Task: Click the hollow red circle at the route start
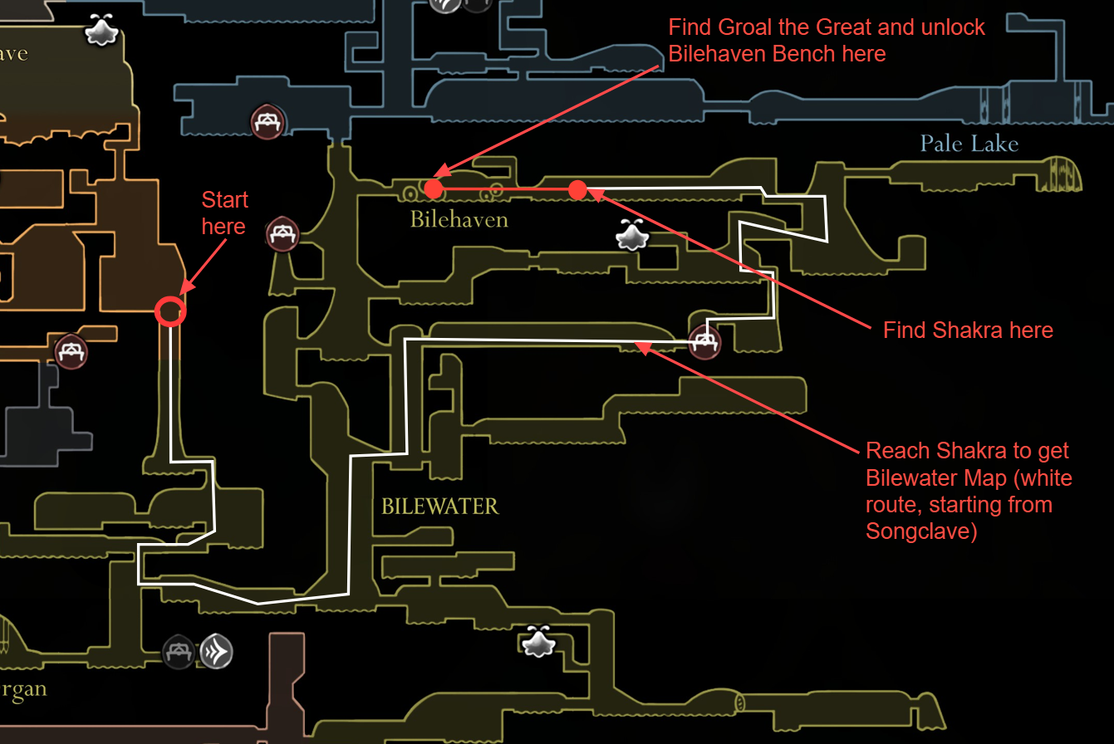click(x=170, y=311)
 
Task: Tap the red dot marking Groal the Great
click(x=433, y=189)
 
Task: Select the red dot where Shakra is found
click(x=577, y=189)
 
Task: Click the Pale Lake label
click(x=969, y=144)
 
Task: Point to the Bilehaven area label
click(x=459, y=220)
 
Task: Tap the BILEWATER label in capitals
click(x=439, y=506)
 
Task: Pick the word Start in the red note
click(x=224, y=199)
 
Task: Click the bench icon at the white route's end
click(x=704, y=341)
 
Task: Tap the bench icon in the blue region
click(x=267, y=121)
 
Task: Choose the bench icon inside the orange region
click(x=71, y=350)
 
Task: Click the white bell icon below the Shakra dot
click(x=632, y=236)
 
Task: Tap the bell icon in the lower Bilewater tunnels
click(x=538, y=641)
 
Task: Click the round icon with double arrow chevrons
click(x=215, y=652)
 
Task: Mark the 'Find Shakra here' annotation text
click(x=968, y=330)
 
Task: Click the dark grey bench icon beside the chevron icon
click(x=178, y=652)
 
